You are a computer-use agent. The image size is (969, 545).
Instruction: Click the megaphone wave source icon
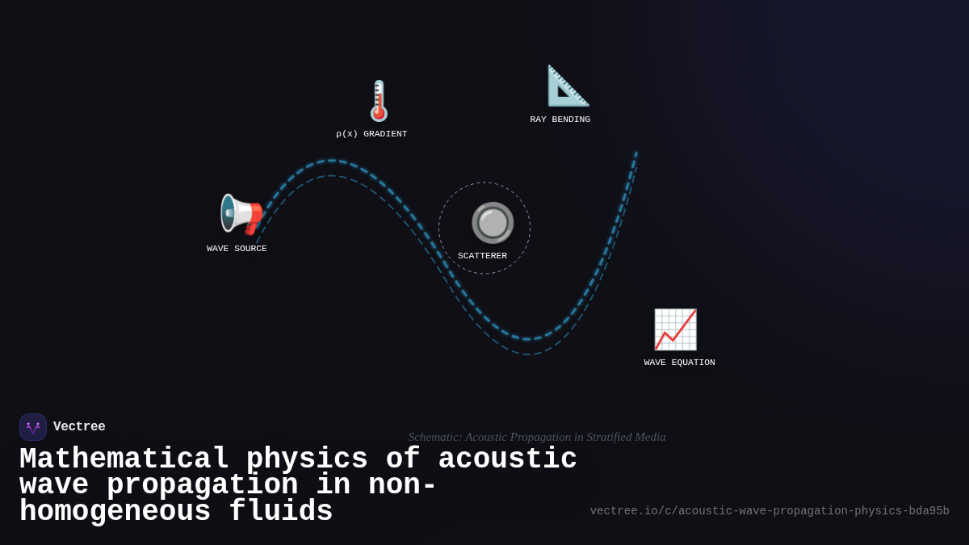coord(241,215)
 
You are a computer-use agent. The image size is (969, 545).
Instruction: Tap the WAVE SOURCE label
coord(237,249)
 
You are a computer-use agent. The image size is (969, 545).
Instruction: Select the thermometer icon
coord(379,101)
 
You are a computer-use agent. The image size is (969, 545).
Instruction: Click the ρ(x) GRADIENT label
coord(371,134)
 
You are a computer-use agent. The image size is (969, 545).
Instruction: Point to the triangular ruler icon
coord(568,86)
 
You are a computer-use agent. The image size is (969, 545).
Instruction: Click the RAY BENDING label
coord(560,119)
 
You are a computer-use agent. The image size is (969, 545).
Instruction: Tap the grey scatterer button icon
coord(493,222)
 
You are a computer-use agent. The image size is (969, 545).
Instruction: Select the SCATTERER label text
coord(482,256)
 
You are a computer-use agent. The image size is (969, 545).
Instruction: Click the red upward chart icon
coord(675,329)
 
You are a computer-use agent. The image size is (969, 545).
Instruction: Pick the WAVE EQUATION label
coord(679,363)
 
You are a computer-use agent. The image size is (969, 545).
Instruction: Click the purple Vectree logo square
coord(33,427)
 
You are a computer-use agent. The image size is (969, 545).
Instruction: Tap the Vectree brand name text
coord(79,427)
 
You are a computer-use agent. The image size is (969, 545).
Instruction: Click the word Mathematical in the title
coord(124,459)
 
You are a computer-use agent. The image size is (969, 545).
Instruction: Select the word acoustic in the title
coord(507,459)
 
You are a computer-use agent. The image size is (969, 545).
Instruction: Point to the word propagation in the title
coord(202,485)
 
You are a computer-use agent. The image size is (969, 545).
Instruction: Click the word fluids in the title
coord(281,512)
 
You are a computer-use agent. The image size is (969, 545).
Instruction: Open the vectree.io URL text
coord(769,511)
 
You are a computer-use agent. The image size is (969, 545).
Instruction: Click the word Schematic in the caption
coord(434,437)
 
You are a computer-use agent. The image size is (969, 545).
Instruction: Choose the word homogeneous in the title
coord(115,512)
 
